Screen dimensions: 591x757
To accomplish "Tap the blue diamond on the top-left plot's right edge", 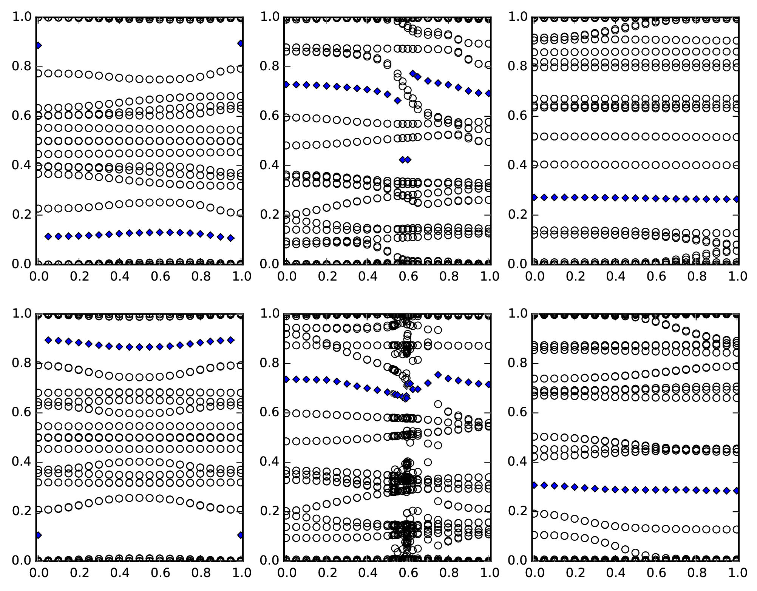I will point(241,43).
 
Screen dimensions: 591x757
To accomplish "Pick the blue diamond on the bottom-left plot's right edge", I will point(241,535).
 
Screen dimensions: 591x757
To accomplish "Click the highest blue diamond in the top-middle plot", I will point(413,73).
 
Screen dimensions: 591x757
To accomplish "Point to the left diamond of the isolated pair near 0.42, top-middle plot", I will point(402,160).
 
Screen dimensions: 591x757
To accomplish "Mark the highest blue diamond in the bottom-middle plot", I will point(438,375).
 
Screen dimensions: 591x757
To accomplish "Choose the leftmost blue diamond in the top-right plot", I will point(535,197).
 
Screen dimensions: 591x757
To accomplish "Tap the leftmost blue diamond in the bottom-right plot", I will point(535,485).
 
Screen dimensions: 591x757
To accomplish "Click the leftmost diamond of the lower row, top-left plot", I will point(48,236).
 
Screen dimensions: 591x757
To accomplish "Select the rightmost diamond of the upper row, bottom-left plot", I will point(231,340).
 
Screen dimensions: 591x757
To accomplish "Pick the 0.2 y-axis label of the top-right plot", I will point(518,215).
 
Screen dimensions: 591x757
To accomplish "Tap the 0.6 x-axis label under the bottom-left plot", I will point(160,573).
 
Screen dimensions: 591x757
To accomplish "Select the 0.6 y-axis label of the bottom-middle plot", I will point(270,413).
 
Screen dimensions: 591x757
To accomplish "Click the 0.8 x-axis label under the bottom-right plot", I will point(697,573).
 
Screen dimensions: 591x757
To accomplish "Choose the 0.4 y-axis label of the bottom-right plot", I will point(518,462).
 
